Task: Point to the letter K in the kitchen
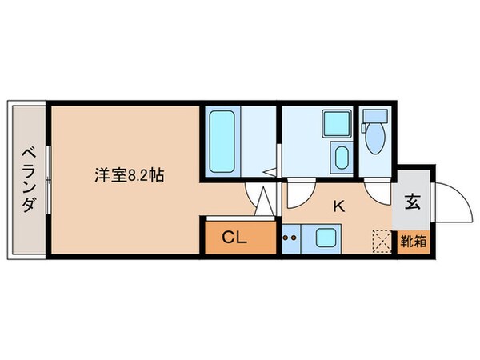pos(338,206)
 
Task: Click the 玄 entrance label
pos(414,203)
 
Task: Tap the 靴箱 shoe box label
pos(414,238)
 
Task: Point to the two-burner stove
pos(290,238)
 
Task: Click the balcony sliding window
pos(47,180)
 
